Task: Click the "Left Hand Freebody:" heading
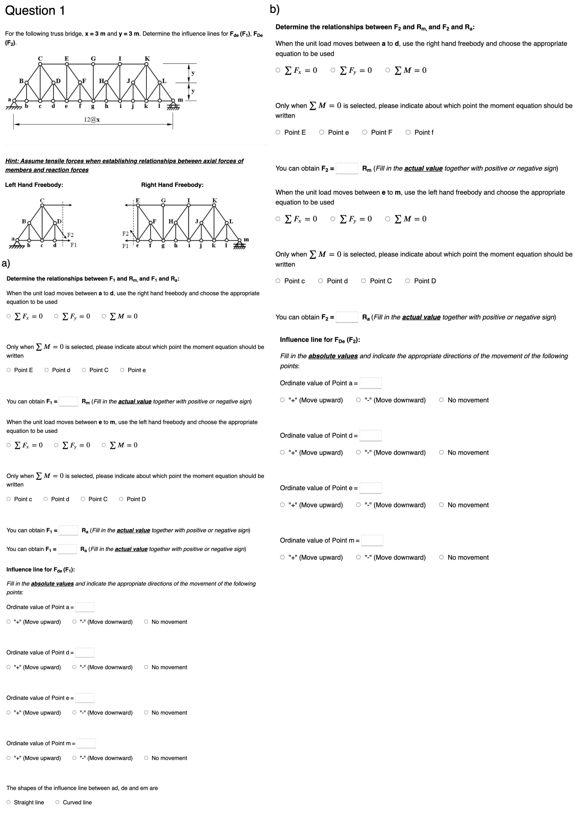(x=34, y=185)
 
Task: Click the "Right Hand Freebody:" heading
(x=172, y=185)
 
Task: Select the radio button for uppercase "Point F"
(x=365, y=132)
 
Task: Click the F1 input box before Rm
(x=68, y=402)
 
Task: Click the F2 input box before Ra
(x=347, y=317)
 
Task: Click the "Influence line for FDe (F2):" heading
(x=320, y=340)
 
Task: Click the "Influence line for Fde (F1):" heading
(x=40, y=570)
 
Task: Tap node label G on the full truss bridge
(x=93, y=58)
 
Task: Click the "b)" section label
(x=274, y=9)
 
